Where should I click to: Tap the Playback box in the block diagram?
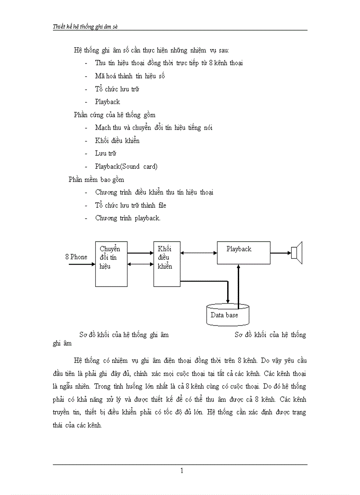pos(243,253)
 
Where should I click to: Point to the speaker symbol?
pos(296,253)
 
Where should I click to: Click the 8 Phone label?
pos(76,257)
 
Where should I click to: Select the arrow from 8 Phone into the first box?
pos(82,264)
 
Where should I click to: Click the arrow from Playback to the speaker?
pos(281,253)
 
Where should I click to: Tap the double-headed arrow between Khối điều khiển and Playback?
pos(199,253)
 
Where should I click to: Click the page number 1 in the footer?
pos(181,471)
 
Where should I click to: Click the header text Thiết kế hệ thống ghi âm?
pos(85,26)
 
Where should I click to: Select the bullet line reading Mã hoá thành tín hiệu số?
pos(130,76)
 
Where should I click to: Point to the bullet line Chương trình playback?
pos(127,218)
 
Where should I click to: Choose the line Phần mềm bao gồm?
pos(96,179)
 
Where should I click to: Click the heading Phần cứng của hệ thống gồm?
pos(114,115)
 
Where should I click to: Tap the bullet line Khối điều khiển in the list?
pos(117,141)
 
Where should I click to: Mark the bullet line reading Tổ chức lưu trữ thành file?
pos(131,205)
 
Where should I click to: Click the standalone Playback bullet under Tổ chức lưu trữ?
pos(107,102)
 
